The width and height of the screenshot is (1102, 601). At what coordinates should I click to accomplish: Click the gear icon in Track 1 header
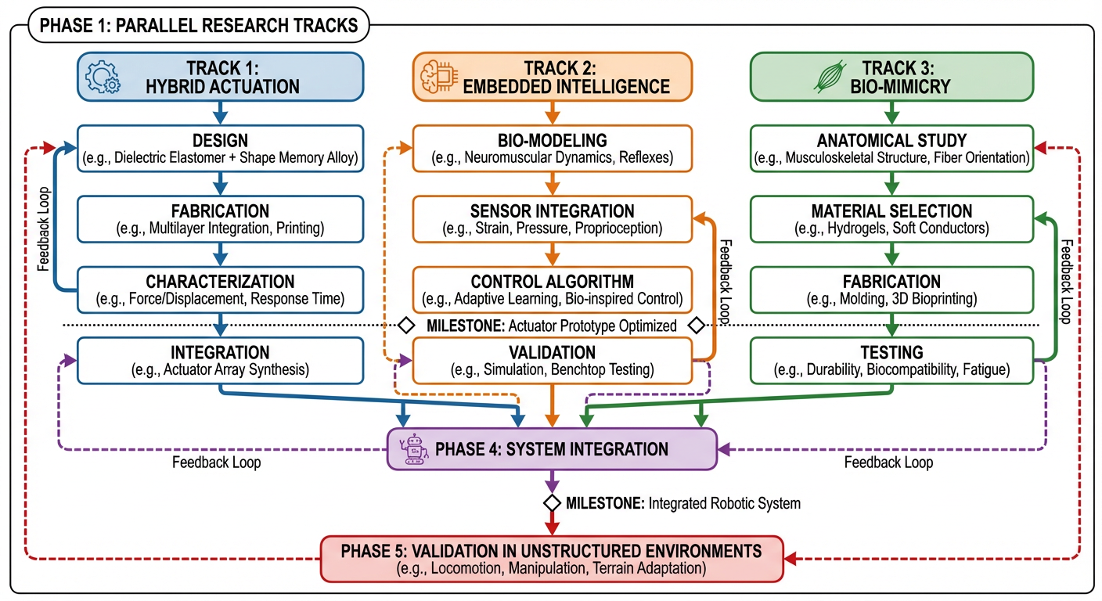tap(103, 77)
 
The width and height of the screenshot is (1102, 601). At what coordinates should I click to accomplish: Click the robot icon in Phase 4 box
tap(412, 449)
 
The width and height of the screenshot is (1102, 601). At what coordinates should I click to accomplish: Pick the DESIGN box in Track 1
tap(220, 149)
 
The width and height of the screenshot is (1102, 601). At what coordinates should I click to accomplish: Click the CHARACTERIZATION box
tap(220, 289)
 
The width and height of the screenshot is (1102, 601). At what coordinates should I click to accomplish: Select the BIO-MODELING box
tap(552, 149)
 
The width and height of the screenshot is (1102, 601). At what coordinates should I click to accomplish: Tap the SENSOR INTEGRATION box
tap(552, 219)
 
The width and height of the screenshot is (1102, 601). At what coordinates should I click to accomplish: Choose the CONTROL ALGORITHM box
tap(552, 289)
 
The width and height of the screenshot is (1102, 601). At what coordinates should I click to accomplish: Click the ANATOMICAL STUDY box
tap(891, 149)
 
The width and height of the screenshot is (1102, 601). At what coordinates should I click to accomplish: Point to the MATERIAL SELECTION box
tap(891, 219)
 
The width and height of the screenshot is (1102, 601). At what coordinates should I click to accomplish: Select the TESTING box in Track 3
tap(891, 360)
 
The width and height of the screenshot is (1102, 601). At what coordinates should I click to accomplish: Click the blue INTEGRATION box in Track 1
tap(220, 360)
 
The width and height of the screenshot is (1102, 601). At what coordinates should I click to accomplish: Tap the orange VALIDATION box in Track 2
tap(552, 360)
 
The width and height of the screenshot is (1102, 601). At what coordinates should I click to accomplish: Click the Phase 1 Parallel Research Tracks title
tap(199, 25)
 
